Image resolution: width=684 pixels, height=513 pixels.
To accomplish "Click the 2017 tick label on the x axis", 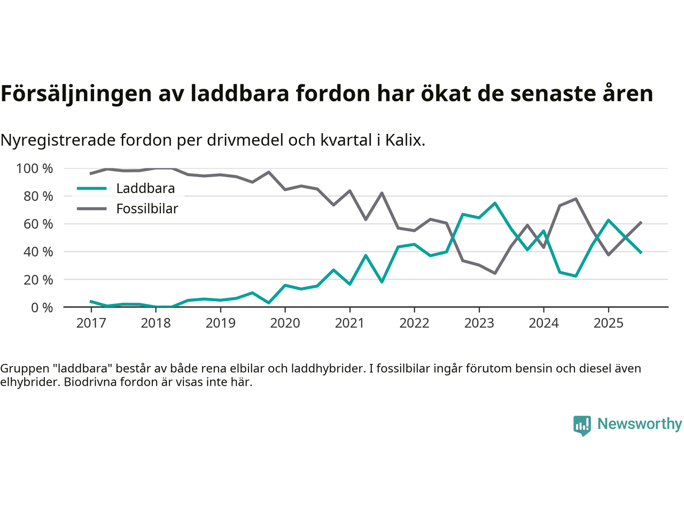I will point(91,323).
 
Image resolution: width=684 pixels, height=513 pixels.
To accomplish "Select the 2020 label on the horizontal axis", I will point(285,323).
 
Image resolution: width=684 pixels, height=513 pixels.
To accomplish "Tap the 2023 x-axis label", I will point(479,323).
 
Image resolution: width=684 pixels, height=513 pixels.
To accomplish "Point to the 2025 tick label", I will point(608,323).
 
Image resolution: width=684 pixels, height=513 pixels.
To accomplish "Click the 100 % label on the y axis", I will point(35,169).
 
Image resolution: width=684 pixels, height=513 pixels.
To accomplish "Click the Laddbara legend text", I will point(145,189).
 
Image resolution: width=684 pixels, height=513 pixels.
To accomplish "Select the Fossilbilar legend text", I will point(147,209).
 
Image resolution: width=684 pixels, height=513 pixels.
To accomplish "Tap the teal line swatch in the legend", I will point(92,189).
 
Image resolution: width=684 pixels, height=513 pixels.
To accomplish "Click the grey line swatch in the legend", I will point(92,208).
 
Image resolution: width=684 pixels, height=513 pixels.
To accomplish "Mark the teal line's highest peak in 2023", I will point(495,203).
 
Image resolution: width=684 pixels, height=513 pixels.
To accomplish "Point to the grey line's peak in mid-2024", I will point(576,199).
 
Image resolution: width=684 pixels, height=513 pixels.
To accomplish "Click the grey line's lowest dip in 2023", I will point(495,273).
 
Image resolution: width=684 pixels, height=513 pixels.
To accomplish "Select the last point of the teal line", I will point(641,252).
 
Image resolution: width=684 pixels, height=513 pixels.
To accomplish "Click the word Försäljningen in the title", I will point(76,94).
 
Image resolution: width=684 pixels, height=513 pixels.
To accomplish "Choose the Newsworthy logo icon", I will point(582,425).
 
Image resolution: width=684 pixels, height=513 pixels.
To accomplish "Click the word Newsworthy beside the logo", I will point(640,424).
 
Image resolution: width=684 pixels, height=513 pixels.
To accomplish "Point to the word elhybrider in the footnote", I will point(30,382).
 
